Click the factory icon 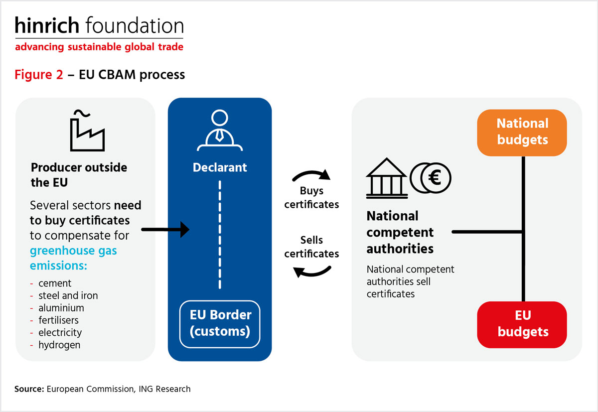(87, 131)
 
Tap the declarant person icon (219, 130)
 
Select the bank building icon (387, 178)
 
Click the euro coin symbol (431, 178)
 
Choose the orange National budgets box (522, 133)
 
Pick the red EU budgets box (522, 324)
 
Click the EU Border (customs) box (220, 324)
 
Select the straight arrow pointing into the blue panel (165, 230)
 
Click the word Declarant (220, 167)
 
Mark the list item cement (55, 283)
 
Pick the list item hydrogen (59, 345)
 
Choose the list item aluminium (61, 308)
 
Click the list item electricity (60, 332)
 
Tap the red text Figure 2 (39, 74)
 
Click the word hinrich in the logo (47, 25)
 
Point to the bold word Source (29, 389)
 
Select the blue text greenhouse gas (73, 251)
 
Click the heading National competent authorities (400, 232)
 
